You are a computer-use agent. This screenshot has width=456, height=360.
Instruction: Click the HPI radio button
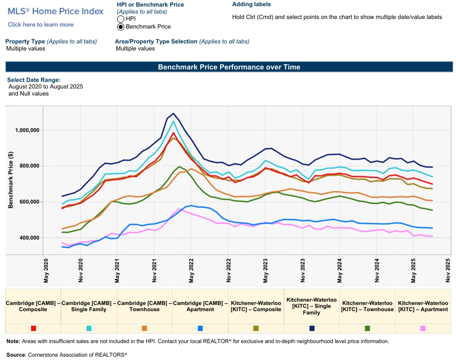120,19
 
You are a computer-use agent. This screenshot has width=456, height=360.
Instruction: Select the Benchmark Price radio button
120,27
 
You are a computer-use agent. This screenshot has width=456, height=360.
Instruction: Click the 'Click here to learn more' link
40,24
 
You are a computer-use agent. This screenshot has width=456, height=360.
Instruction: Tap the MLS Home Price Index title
56,11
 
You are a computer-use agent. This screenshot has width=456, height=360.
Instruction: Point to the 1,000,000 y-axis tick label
27,130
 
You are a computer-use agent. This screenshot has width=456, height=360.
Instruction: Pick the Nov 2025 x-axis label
450,271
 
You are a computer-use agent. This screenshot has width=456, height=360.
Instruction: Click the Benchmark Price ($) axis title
11,179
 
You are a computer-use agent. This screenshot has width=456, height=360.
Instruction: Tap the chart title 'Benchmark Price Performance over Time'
229,67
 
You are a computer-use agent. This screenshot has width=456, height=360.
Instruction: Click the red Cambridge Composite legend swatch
34,328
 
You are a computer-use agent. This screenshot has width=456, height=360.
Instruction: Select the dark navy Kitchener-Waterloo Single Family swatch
312,328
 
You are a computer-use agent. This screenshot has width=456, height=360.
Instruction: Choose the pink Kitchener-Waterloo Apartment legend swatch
423,328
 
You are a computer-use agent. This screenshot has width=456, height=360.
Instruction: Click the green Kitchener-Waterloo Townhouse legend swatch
368,328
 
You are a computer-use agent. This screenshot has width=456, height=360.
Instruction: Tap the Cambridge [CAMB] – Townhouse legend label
144,306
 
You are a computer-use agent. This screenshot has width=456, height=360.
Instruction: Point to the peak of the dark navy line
173,113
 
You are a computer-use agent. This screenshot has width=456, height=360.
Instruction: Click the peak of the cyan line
173,121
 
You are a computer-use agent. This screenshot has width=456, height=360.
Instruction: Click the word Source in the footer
16,355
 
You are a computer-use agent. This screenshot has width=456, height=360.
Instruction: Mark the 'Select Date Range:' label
34,80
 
